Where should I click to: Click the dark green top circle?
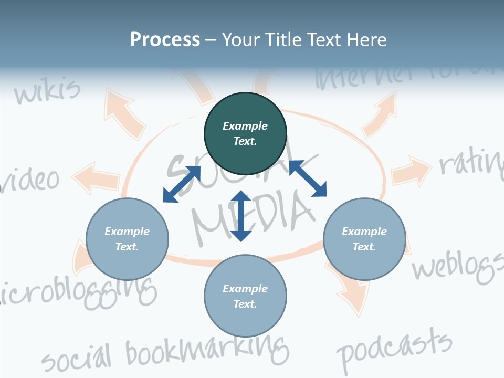pos(245,133)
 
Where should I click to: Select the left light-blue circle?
pos(127,239)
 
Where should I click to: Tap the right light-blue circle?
pos(364,239)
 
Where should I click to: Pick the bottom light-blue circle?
pos(245,296)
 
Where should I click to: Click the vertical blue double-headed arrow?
pos(241,216)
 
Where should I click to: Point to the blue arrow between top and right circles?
pos(308,178)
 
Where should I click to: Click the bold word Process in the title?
pos(165,39)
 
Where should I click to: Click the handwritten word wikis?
pos(47,91)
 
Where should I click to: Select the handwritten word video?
pos(31,180)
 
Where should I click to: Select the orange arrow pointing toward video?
pos(97,177)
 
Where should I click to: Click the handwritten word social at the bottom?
pos(77,358)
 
